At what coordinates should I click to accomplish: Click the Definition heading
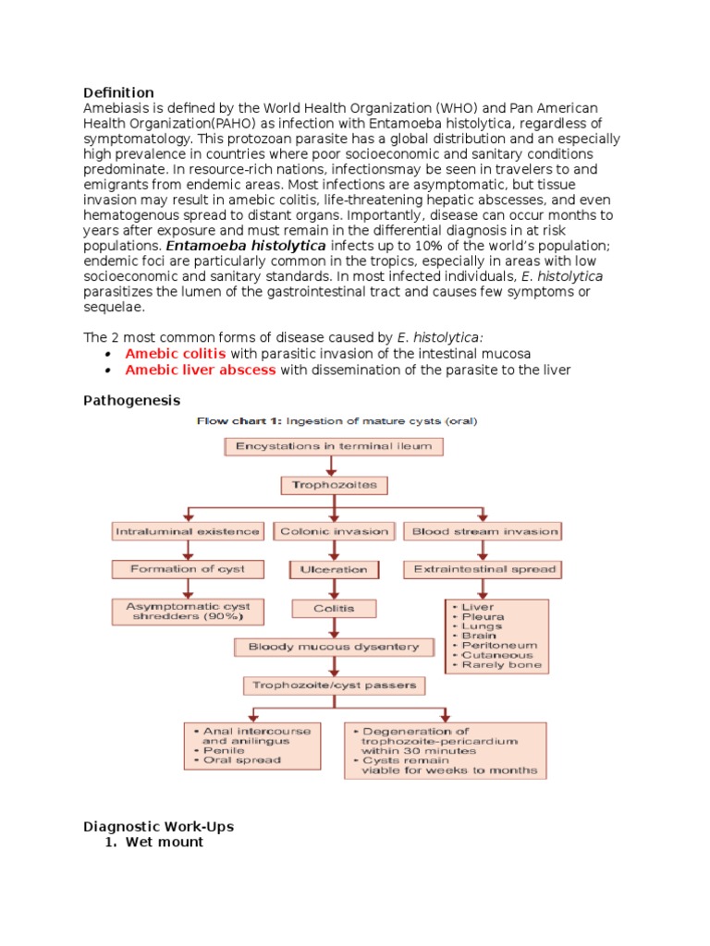tap(118, 92)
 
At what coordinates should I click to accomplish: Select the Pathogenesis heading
tap(132, 400)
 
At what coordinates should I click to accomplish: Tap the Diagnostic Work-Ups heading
tap(165, 826)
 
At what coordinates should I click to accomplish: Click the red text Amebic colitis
tap(176, 354)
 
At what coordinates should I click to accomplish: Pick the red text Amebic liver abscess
tap(200, 370)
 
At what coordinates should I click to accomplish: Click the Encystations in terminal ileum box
tap(334, 446)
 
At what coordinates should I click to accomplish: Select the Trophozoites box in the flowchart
tap(334, 485)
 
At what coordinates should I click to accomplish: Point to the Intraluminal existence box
tap(189, 531)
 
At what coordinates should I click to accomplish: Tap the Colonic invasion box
tap(334, 531)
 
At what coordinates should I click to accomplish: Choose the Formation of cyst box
tap(189, 569)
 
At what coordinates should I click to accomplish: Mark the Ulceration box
tap(334, 570)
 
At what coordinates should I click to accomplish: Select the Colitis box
tap(334, 609)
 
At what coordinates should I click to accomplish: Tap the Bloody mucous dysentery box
tap(334, 648)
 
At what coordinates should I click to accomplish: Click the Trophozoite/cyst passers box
tap(334, 685)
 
